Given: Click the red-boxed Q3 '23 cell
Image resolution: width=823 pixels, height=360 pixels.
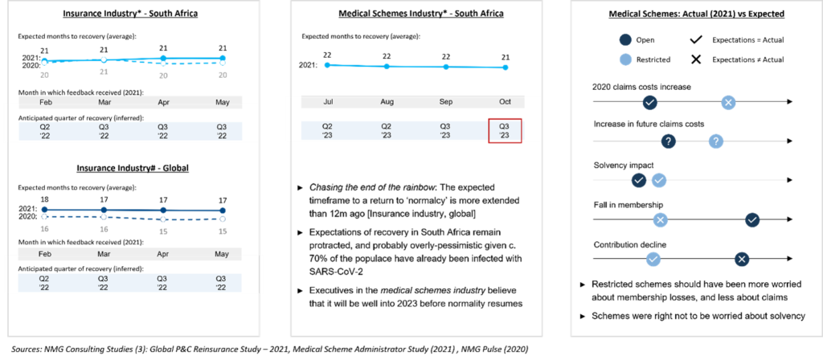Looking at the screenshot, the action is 505,131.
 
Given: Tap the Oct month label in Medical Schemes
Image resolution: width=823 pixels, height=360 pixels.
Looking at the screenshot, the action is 505,102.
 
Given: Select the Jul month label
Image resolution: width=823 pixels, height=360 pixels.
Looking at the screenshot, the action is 328,102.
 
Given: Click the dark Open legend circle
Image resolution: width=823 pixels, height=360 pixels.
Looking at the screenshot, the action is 624,40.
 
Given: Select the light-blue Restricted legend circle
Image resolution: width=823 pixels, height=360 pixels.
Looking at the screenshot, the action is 624,59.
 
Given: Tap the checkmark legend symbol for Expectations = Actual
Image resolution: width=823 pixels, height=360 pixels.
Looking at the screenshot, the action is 696,40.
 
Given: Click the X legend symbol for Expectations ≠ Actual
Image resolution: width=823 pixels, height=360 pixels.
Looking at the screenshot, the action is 696,59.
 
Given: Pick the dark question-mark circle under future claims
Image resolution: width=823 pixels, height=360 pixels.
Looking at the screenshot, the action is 668,141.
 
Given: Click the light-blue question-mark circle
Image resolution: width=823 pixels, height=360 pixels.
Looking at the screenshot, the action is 716,141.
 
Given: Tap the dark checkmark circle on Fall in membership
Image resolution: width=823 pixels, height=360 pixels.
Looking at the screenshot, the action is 752,219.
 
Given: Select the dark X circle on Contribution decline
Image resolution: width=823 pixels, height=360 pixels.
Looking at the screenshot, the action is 742,258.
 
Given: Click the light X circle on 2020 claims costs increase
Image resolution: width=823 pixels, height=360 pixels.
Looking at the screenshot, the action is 727,102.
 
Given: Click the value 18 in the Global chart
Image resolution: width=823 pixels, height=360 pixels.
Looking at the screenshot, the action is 45,199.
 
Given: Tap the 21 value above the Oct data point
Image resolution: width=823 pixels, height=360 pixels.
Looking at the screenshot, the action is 505,56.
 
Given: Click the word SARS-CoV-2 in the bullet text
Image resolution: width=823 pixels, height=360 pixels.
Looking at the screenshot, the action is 333,270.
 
